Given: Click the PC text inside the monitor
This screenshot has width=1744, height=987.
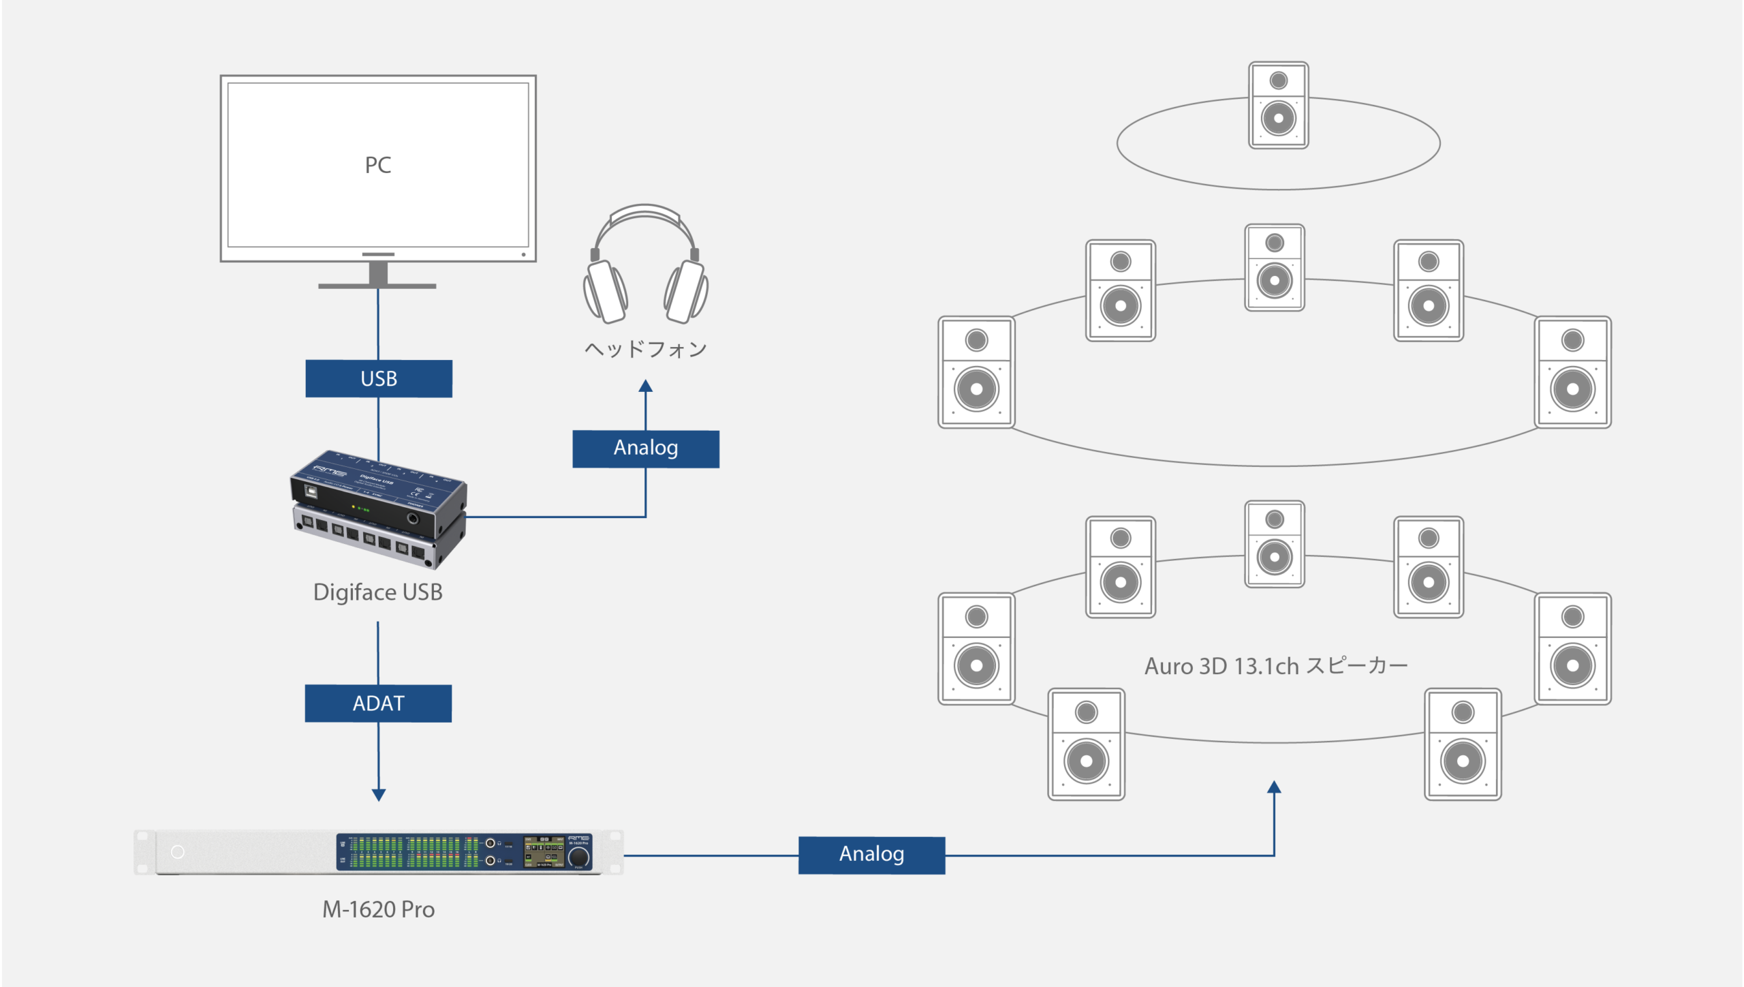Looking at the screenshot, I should click(x=378, y=165).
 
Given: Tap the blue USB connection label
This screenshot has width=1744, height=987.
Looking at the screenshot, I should click(x=379, y=378).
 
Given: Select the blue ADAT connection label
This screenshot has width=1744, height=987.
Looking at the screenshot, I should click(x=378, y=703).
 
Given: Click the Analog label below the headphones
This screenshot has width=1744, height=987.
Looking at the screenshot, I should click(x=646, y=449).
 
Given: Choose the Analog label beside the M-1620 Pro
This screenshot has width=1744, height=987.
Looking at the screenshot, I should click(x=871, y=855).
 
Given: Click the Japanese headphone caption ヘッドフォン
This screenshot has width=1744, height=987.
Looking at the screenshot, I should click(x=646, y=349).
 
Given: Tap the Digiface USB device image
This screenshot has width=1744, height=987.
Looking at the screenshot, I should click(x=379, y=508).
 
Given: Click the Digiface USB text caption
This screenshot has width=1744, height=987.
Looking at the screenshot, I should click(x=378, y=592).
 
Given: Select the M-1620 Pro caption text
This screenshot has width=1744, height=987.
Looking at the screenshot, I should click(x=378, y=909).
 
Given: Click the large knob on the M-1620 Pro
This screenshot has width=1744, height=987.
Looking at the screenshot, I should click(x=578, y=857).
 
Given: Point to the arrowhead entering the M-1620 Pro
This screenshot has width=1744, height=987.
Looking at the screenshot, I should click(x=379, y=795).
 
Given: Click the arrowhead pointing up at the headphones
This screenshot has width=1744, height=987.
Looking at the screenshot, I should click(x=646, y=386).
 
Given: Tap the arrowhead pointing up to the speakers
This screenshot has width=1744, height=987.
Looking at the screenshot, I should click(x=1274, y=787).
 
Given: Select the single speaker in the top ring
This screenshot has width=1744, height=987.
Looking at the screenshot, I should click(x=1278, y=105).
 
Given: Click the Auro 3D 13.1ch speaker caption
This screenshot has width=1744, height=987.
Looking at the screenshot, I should click(x=1275, y=666).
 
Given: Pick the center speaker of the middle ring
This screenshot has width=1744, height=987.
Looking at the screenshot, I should click(x=1274, y=268).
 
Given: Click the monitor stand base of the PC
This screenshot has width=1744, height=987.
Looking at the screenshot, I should click(x=377, y=286).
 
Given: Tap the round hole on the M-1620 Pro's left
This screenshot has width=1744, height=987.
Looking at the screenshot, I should click(x=178, y=852).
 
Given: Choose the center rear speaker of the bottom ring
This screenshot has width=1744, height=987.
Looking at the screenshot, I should click(x=1274, y=544).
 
